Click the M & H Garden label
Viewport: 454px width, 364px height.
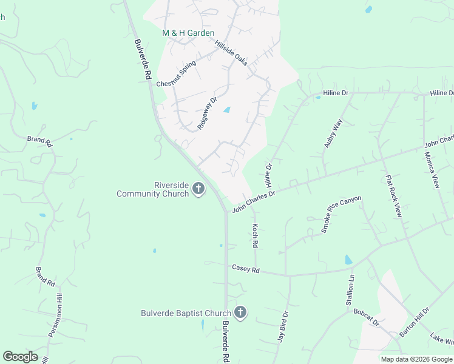point(188,33)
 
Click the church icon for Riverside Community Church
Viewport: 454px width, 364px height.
point(198,189)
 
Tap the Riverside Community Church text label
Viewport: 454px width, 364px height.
point(154,189)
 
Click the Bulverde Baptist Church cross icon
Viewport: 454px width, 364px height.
point(240,313)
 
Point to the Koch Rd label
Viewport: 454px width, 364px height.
point(256,235)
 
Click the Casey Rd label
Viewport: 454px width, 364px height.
point(245,268)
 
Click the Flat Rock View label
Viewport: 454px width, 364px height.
point(393,197)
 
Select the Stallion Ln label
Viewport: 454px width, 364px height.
point(350,290)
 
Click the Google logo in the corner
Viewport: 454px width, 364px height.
point(20,356)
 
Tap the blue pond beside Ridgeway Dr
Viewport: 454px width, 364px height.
point(227,110)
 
